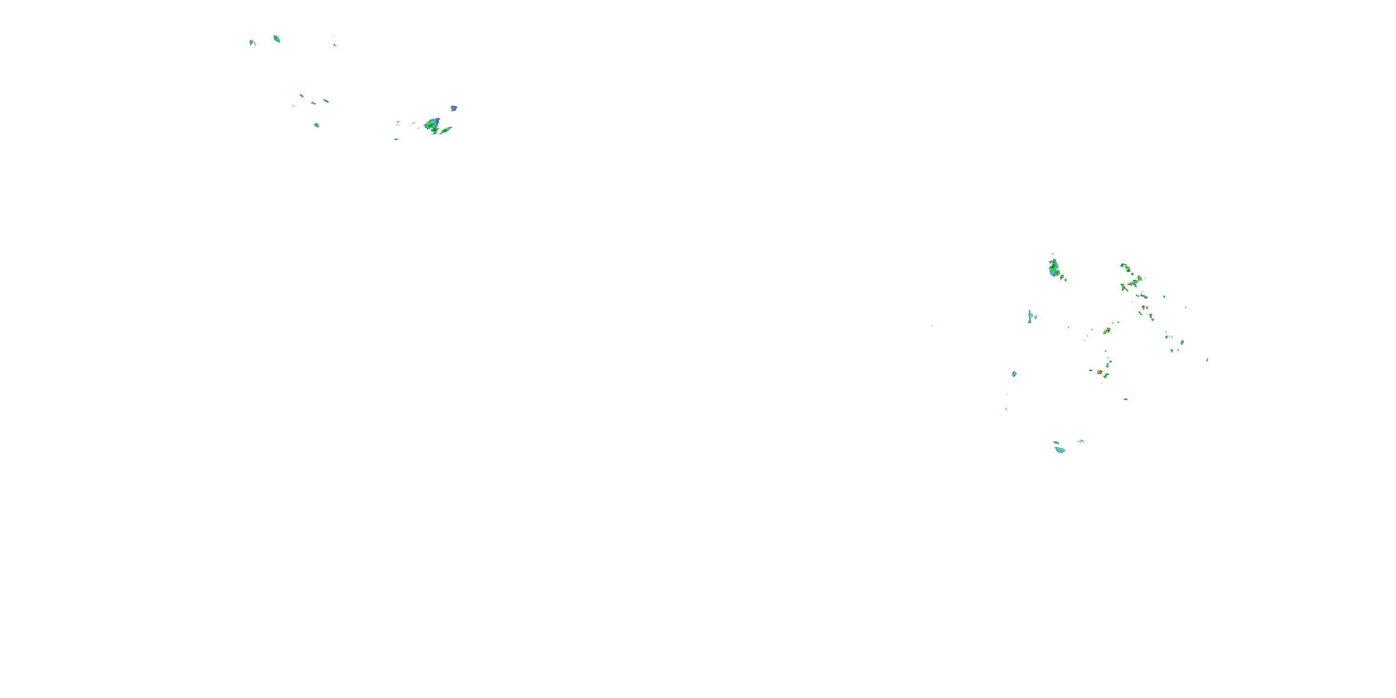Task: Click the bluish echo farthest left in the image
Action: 251,42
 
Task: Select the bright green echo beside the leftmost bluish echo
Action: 276,39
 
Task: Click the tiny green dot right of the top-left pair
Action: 335,44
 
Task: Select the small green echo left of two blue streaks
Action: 302,96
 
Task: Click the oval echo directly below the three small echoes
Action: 316,125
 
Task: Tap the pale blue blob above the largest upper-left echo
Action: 454,108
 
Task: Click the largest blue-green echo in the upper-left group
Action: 432,125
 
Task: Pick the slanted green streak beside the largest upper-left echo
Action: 445,131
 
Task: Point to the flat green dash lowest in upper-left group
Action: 396,139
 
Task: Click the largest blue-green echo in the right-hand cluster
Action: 1054,268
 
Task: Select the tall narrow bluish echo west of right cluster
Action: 1030,316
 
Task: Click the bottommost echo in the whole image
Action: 1060,450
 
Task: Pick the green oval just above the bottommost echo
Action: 1056,443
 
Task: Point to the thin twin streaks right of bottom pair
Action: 1081,441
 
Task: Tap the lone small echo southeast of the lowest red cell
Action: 1126,399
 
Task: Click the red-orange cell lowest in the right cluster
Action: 1100,372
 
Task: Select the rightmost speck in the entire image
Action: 1207,359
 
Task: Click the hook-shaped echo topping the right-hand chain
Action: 1123,266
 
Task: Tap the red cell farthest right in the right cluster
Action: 1182,342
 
